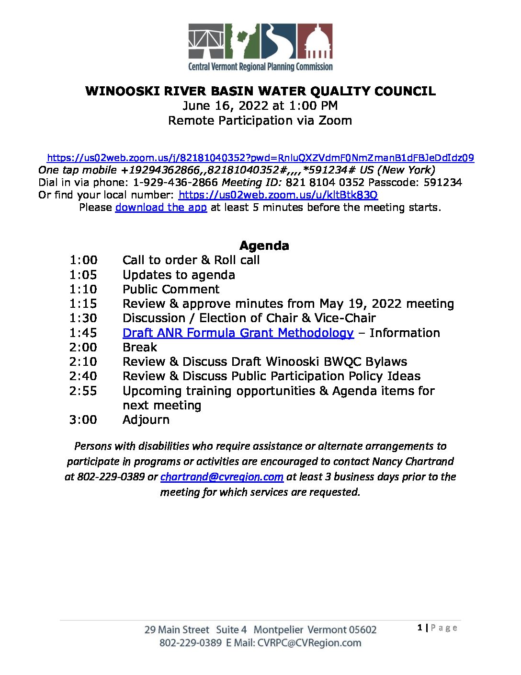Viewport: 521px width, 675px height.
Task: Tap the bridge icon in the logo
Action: coord(206,42)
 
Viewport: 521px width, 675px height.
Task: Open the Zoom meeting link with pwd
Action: coord(260,158)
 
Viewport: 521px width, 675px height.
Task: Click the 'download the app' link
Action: coord(161,208)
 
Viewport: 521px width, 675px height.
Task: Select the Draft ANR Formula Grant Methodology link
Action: coord(238,333)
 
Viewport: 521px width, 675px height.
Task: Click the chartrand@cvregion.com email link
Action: coord(222,477)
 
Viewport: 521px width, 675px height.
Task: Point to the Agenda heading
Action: coord(264,246)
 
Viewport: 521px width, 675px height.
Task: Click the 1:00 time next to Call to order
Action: coord(83,260)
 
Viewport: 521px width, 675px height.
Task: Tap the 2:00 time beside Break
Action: coord(83,348)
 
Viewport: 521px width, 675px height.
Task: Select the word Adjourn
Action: coord(146,420)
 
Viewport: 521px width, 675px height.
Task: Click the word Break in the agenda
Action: coord(140,348)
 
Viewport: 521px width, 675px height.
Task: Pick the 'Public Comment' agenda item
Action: coord(171,290)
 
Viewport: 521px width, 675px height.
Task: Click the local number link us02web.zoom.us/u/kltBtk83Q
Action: coord(278,195)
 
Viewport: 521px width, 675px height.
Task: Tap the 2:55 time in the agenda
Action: coord(83,391)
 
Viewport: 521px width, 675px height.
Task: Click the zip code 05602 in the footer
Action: coord(362,630)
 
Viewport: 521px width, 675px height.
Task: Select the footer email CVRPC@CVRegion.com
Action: coord(309,643)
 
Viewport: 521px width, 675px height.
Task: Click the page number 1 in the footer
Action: coord(420,628)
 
